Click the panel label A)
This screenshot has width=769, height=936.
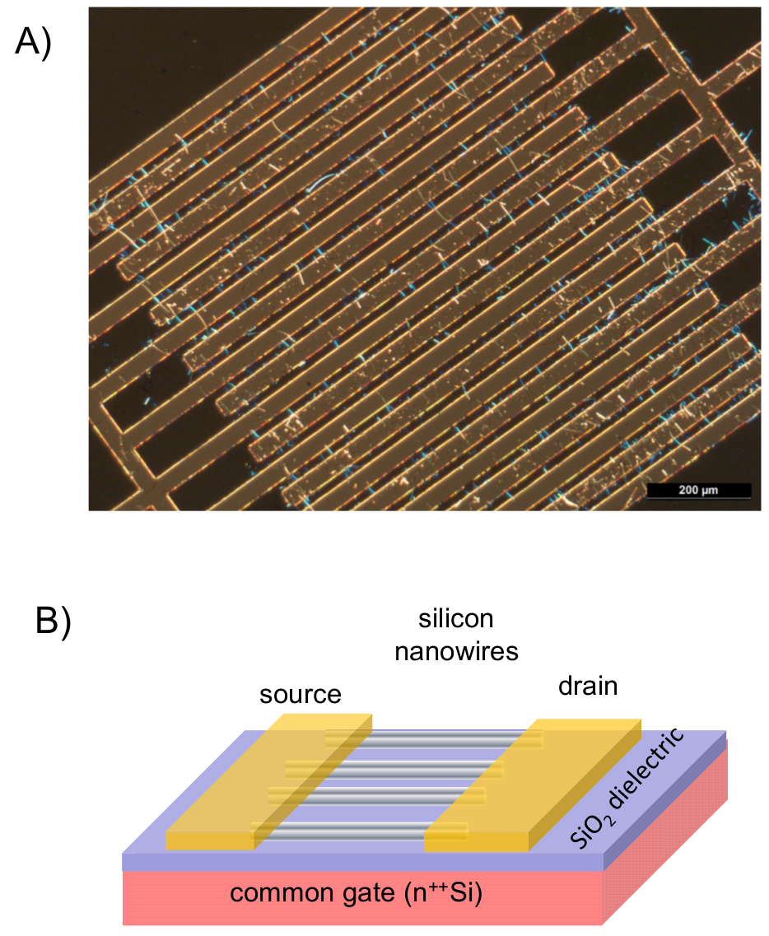[33, 42]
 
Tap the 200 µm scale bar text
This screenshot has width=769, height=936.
[698, 491]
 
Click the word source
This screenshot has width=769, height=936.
[301, 694]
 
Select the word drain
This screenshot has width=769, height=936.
[588, 685]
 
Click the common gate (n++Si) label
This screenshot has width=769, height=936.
[356, 893]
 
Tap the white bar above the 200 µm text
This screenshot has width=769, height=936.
[698, 482]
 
